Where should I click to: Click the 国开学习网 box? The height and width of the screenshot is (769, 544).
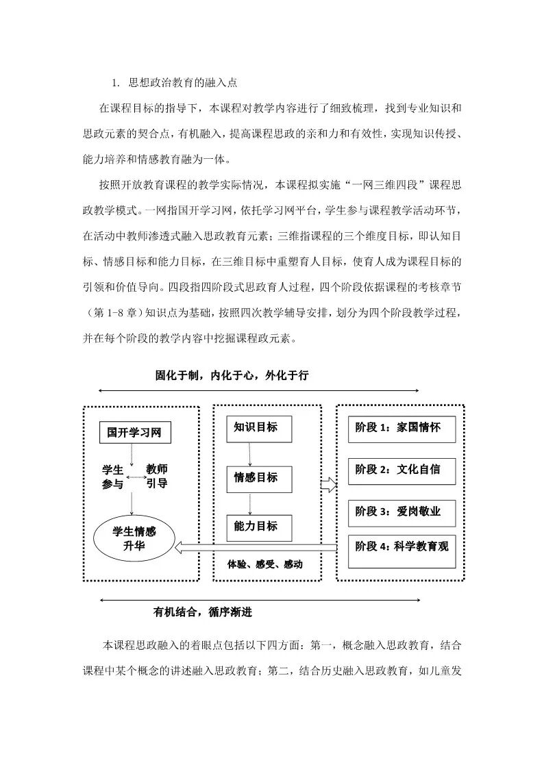[134, 433]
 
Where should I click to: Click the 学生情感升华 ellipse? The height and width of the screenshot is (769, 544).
[134, 540]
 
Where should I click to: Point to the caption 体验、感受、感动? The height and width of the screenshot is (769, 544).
[265, 565]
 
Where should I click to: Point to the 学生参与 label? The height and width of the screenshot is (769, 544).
[113, 477]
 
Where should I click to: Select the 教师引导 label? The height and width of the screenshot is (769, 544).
[157, 477]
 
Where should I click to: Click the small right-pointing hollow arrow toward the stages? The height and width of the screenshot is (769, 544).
[329, 485]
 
